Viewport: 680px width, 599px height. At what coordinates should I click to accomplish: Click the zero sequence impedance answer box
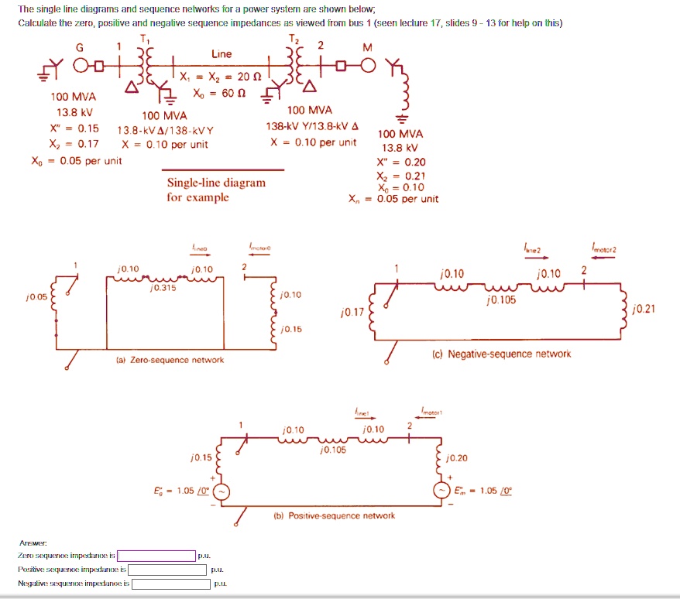[156, 556]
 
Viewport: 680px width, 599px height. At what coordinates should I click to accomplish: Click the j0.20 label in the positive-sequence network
[458, 458]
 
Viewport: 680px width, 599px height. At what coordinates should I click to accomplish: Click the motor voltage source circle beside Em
[444, 491]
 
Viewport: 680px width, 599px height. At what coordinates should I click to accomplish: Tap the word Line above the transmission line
[221, 54]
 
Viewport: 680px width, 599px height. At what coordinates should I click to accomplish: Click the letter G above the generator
[79, 47]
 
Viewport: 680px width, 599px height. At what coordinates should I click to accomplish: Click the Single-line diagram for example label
[216, 190]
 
